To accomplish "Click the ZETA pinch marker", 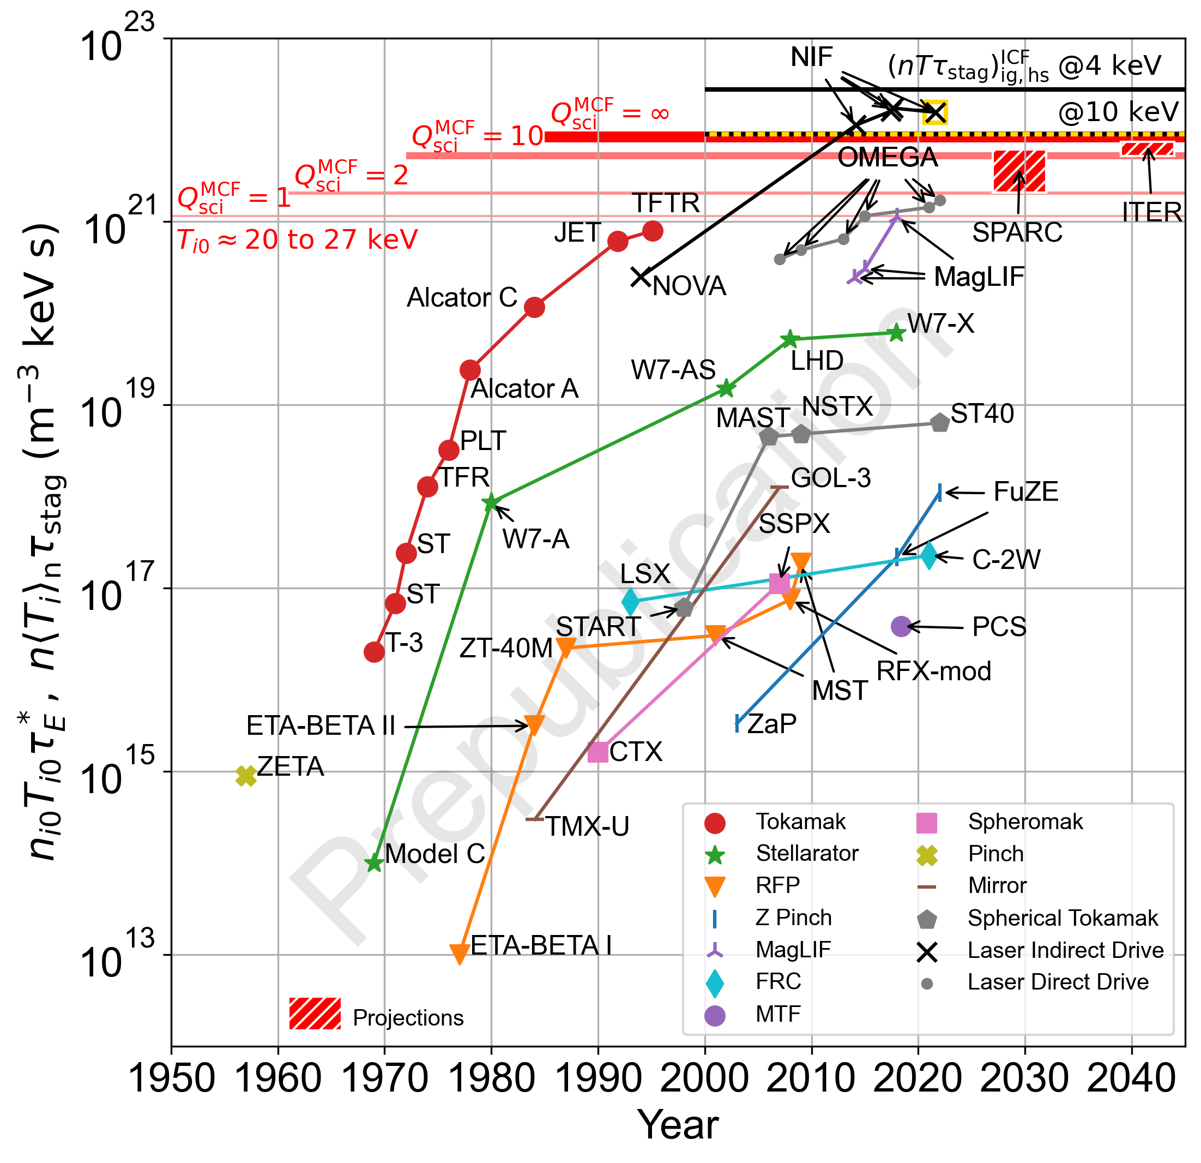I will point(246,776).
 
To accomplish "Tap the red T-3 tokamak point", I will point(374,652).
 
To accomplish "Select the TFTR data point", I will point(653,231).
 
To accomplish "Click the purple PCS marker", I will point(900,626).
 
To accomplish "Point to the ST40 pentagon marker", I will point(940,422).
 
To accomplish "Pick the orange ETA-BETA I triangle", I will point(460,954).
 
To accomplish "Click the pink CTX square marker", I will point(598,752).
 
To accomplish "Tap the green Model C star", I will point(374,863).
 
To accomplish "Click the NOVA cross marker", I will point(641,277).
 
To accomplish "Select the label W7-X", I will point(940,323).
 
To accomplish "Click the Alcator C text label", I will point(462,298).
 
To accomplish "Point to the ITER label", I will point(1151,213).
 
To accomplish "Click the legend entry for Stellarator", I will point(806,853).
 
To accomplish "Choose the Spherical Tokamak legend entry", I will point(1063,918).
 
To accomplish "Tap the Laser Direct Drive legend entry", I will point(1058,981).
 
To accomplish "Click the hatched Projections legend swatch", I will point(315,1014).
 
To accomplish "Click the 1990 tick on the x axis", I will point(598,1079).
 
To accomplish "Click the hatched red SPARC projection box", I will point(1019,171).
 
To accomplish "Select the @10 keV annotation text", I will point(1118,112).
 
